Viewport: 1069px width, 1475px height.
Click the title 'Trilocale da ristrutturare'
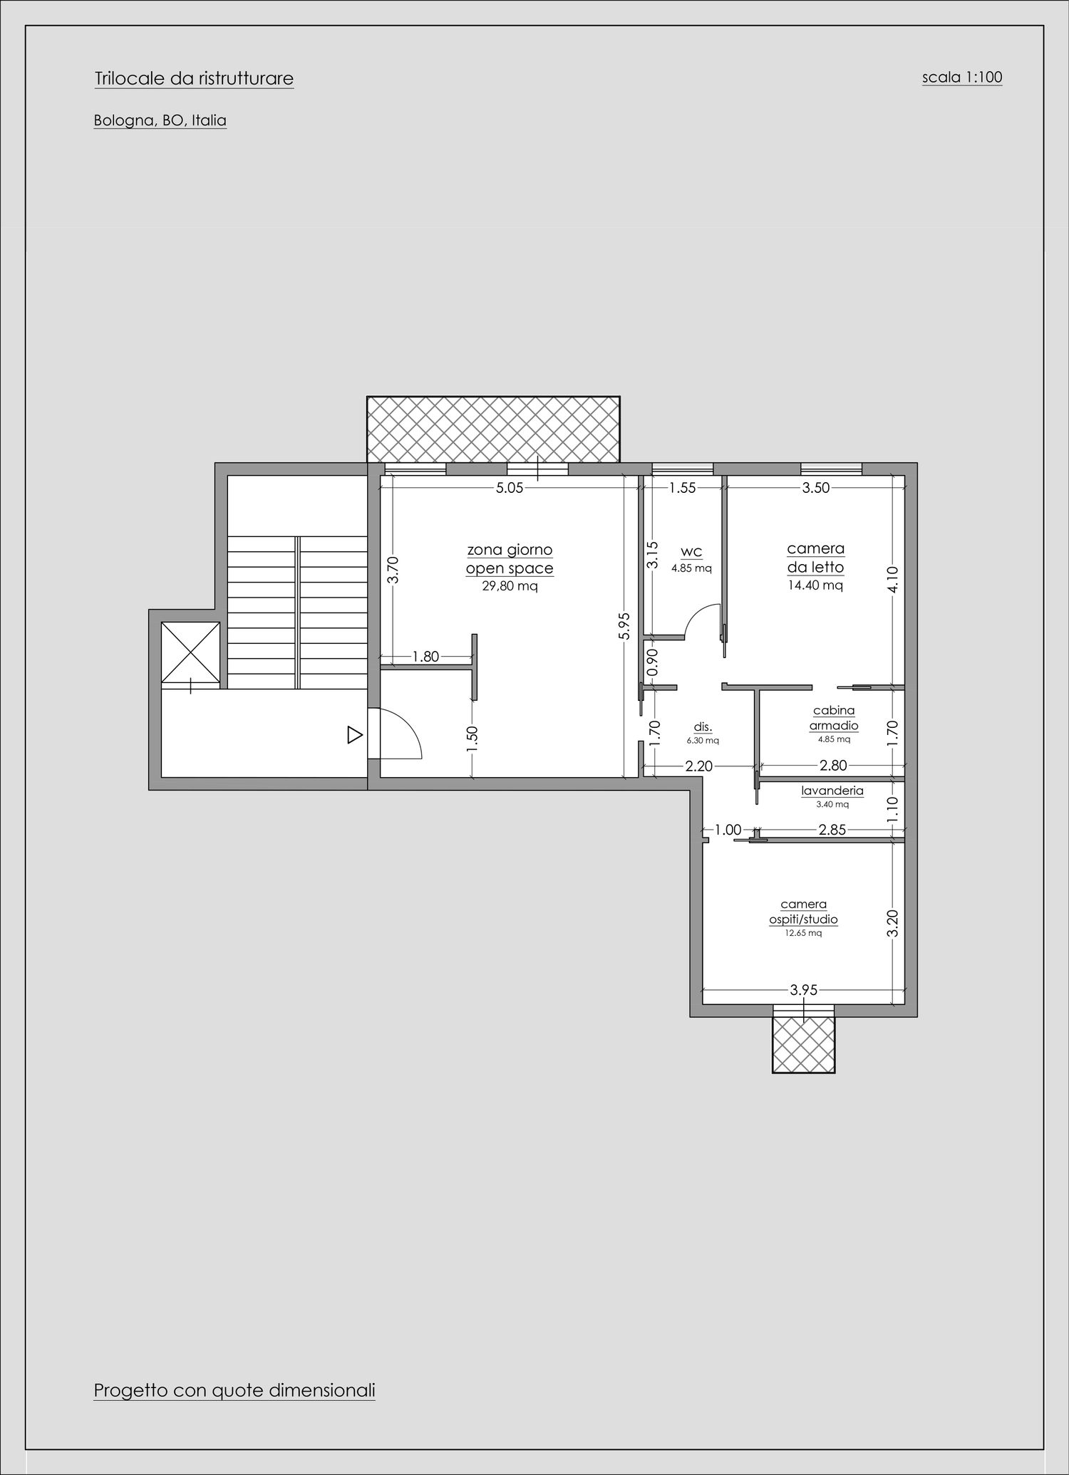pyautogui.click(x=194, y=78)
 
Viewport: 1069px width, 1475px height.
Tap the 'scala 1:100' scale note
pyautogui.click(x=962, y=77)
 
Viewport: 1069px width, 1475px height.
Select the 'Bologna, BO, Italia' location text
pyautogui.click(x=160, y=121)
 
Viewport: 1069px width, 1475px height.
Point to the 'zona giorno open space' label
pyautogui.click(x=510, y=559)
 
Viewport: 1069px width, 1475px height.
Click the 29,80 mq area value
pyautogui.click(x=510, y=587)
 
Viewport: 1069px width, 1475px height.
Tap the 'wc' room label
pyautogui.click(x=691, y=552)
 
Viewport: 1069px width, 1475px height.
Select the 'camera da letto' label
pyautogui.click(x=816, y=558)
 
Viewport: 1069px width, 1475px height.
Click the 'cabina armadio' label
pyautogui.click(x=834, y=718)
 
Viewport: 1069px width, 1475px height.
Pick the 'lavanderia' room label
pyautogui.click(x=832, y=791)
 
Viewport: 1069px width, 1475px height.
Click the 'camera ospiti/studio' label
pyautogui.click(x=803, y=912)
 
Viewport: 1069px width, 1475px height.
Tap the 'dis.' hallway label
pyautogui.click(x=703, y=728)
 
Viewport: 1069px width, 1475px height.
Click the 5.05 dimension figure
pyautogui.click(x=510, y=489)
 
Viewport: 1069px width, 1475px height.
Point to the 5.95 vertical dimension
pyautogui.click(x=624, y=627)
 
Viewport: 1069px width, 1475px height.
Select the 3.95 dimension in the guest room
pyautogui.click(x=804, y=990)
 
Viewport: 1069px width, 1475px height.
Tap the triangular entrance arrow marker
pyautogui.click(x=355, y=735)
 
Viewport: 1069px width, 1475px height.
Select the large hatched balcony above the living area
pyautogui.click(x=493, y=429)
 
